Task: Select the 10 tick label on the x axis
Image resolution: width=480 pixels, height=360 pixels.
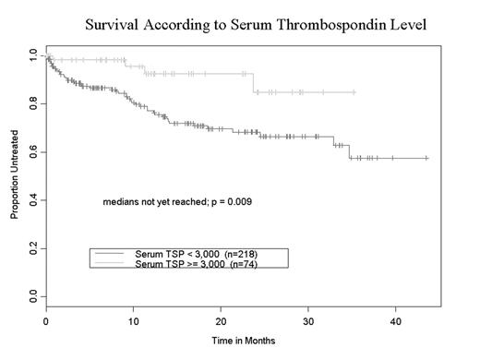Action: point(133,321)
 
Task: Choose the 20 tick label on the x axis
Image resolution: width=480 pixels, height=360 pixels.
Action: point(221,321)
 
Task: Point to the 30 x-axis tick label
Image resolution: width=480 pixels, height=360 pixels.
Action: point(308,321)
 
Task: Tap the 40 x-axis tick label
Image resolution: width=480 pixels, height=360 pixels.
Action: point(395,321)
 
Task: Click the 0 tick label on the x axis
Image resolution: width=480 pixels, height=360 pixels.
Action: point(46,321)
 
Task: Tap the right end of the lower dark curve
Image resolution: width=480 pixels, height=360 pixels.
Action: point(427,158)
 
